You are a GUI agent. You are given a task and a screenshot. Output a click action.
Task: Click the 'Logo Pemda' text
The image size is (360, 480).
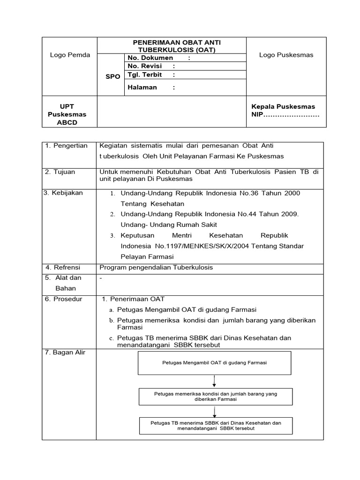[70, 55]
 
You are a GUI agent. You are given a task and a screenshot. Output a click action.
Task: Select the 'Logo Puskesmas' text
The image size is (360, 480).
[286, 55]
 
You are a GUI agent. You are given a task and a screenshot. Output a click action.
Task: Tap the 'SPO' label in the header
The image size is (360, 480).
[112, 76]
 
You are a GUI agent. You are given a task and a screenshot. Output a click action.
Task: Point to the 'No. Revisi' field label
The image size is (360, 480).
[144, 66]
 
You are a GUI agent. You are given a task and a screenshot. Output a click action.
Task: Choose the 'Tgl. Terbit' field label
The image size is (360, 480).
[145, 75]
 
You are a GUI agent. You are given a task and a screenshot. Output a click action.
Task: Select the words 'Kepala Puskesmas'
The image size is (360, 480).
[283, 106]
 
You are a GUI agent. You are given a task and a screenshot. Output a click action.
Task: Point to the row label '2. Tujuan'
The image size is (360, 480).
[60, 172]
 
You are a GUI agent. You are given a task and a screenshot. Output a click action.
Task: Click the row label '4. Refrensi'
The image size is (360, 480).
[63, 267]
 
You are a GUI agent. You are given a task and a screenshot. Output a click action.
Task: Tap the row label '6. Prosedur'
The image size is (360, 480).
[63, 299]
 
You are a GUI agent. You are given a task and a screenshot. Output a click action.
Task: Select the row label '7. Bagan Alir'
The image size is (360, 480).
[65, 352]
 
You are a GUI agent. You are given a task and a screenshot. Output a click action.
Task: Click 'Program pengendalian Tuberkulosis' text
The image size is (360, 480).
[156, 267]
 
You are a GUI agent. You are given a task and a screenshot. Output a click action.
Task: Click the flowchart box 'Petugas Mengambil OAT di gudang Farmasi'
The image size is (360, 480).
[215, 362]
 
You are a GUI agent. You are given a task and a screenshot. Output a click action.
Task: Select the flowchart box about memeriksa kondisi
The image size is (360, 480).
[215, 397]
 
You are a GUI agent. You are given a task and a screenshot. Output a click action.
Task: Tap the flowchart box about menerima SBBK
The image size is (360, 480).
[215, 426]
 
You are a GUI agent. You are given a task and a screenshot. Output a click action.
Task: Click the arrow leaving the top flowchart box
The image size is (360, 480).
[214, 381]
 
